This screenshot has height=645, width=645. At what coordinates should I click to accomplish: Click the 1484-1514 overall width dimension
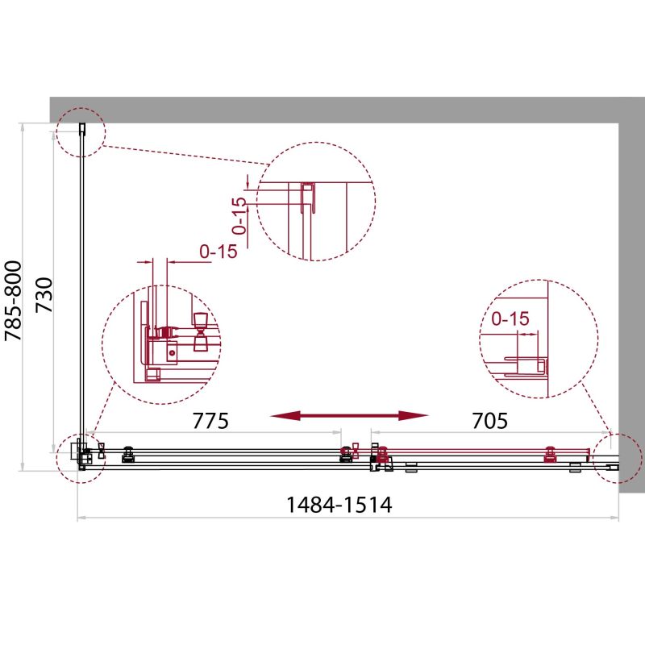tap(339, 506)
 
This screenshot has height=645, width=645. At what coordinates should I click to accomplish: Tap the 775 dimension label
tap(210, 421)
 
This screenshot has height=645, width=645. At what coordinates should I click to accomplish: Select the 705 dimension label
tap(489, 421)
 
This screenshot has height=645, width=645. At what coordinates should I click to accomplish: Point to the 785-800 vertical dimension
tap(13, 301)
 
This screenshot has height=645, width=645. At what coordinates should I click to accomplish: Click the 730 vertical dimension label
tap(44, 295)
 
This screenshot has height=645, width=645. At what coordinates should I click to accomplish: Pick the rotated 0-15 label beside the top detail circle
tap(239, 216)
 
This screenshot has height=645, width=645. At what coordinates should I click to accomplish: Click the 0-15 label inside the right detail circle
tap(510, 318)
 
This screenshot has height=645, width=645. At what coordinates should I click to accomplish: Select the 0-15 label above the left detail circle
tap(218, 252)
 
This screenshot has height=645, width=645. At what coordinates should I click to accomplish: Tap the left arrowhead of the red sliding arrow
tap(285, 416)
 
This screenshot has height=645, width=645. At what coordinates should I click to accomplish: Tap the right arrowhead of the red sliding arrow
tap(414, 416)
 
